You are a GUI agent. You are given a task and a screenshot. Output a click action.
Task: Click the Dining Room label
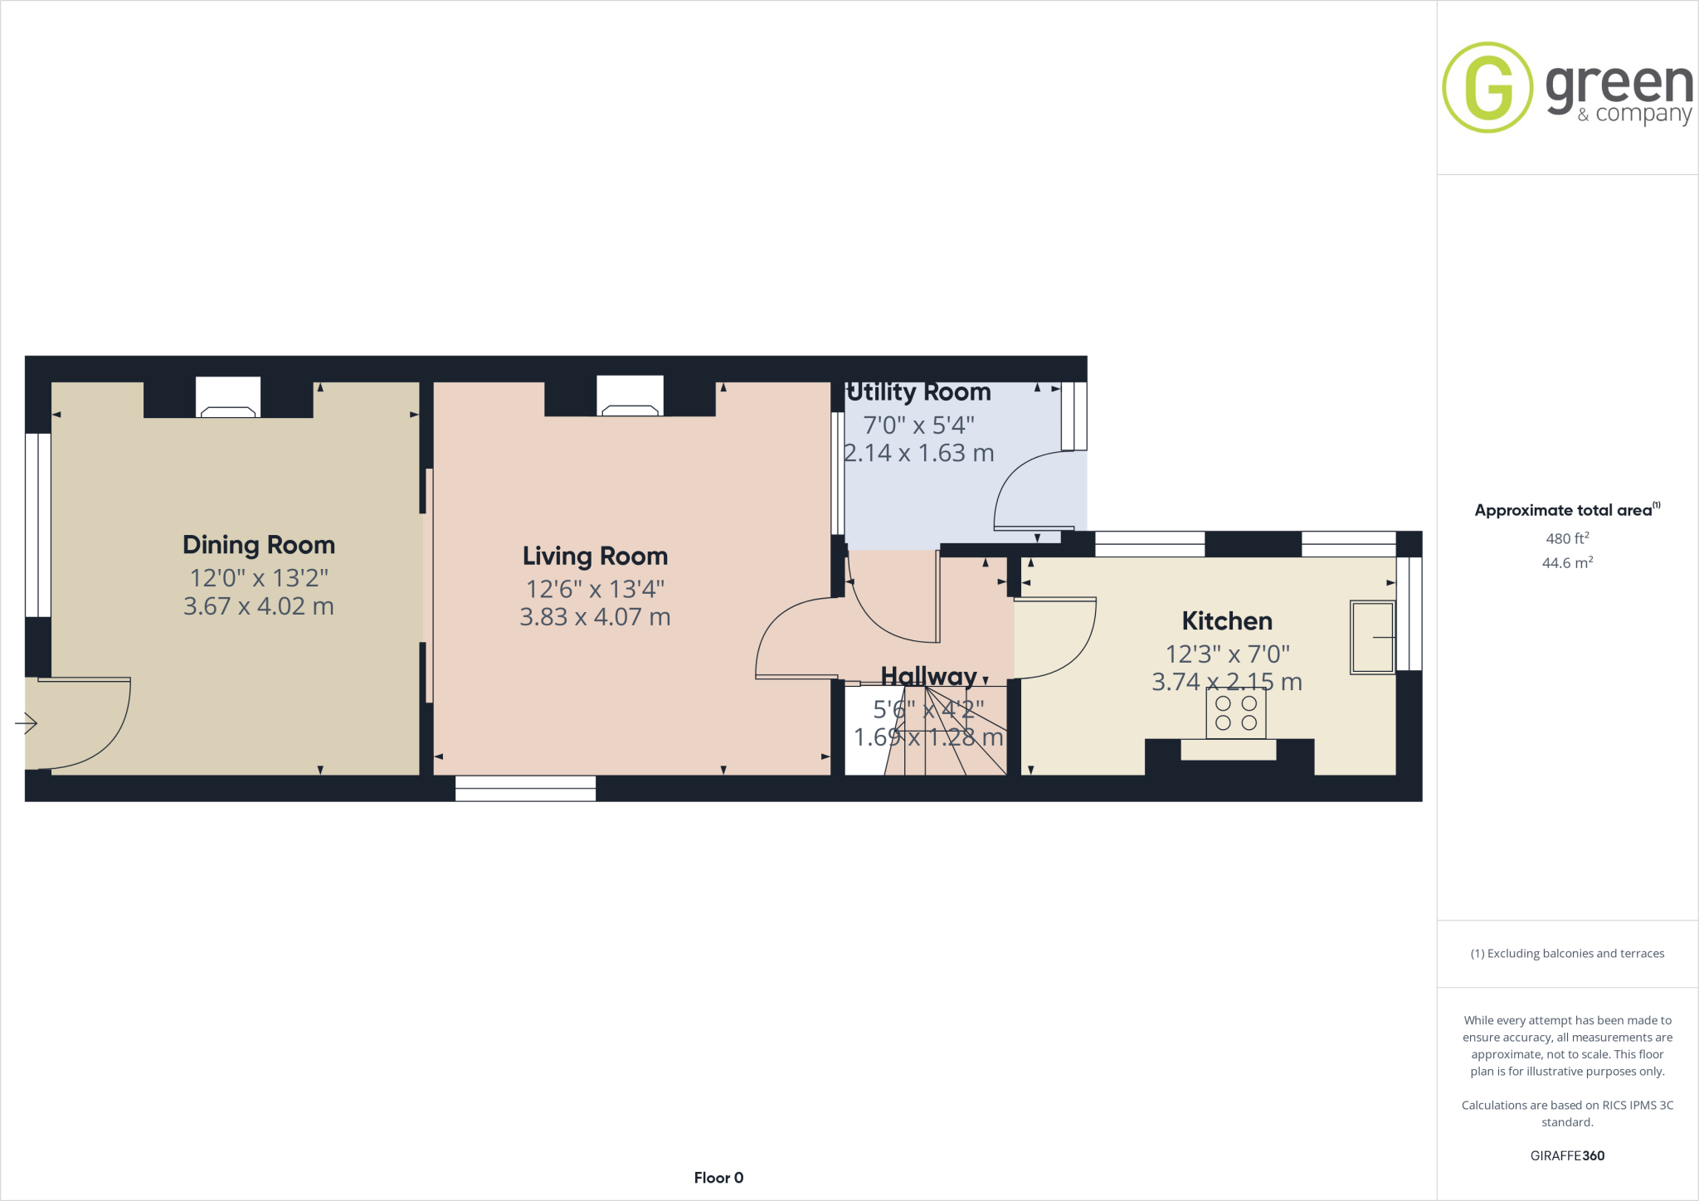point(259,545)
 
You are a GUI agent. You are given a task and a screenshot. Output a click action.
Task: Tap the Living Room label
point(595,556)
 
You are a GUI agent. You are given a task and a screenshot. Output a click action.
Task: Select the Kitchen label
point(1227,620)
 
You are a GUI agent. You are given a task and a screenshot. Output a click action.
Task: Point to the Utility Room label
point(918,391)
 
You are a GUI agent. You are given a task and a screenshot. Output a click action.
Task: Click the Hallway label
point(928,676)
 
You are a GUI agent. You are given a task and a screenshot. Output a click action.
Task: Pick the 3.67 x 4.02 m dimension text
point(259,606)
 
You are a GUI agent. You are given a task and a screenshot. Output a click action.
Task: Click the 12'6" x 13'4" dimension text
point(595,589)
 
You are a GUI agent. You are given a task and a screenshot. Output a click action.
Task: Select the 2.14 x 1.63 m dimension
point(918,453)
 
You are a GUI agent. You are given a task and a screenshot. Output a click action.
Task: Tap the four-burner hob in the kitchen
point(1236,712)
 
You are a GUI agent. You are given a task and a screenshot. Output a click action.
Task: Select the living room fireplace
point(630,398)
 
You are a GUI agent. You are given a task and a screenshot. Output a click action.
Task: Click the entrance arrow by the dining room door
point(27,723)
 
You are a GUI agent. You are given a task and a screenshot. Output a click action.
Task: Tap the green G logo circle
point(1487,88)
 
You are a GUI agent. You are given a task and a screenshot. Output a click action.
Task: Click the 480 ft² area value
point(1567,538)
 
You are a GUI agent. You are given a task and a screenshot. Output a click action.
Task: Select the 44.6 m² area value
point(1567,563)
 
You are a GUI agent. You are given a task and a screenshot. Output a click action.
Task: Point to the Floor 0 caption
point(718,1178)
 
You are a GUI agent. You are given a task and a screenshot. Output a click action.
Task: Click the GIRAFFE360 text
point(1567,1155)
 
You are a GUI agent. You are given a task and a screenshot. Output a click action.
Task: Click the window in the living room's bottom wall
point(525,789)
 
